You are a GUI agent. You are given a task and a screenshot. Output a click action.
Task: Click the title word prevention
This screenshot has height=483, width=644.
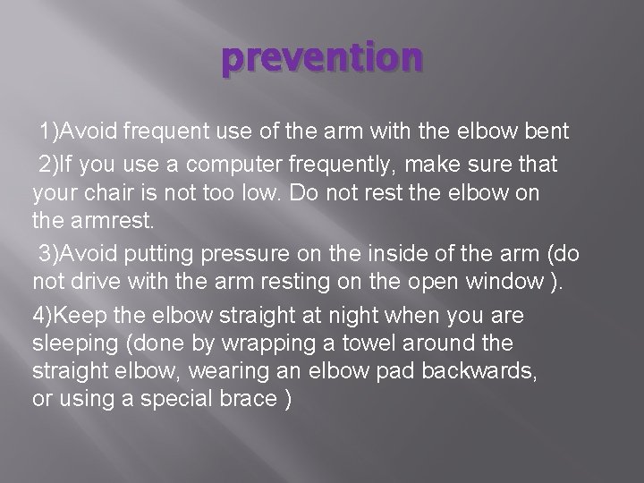(322, 58)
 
